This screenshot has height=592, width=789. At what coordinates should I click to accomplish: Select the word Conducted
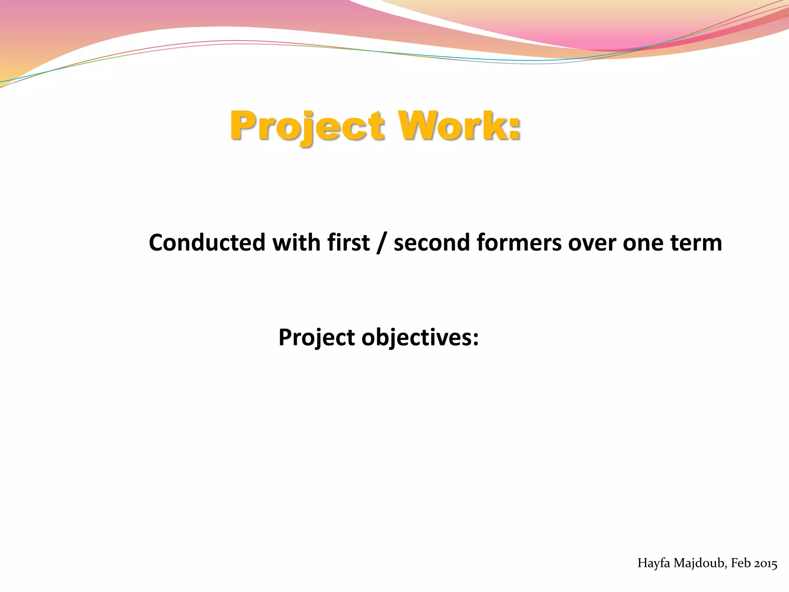[x=207, y=243]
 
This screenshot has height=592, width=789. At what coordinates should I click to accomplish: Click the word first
[x=348, y=243]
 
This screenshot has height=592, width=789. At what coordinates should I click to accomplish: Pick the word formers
[x=519, y=243]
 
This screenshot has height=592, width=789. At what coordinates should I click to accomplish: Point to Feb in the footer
[x=740, y=563]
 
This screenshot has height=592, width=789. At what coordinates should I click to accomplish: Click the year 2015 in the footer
[x=765, y=563]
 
